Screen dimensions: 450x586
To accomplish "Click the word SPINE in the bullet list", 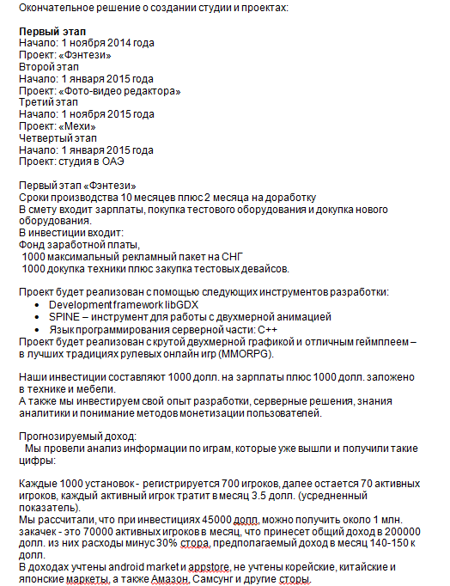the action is pyautogui.click(x=65, y=316).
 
